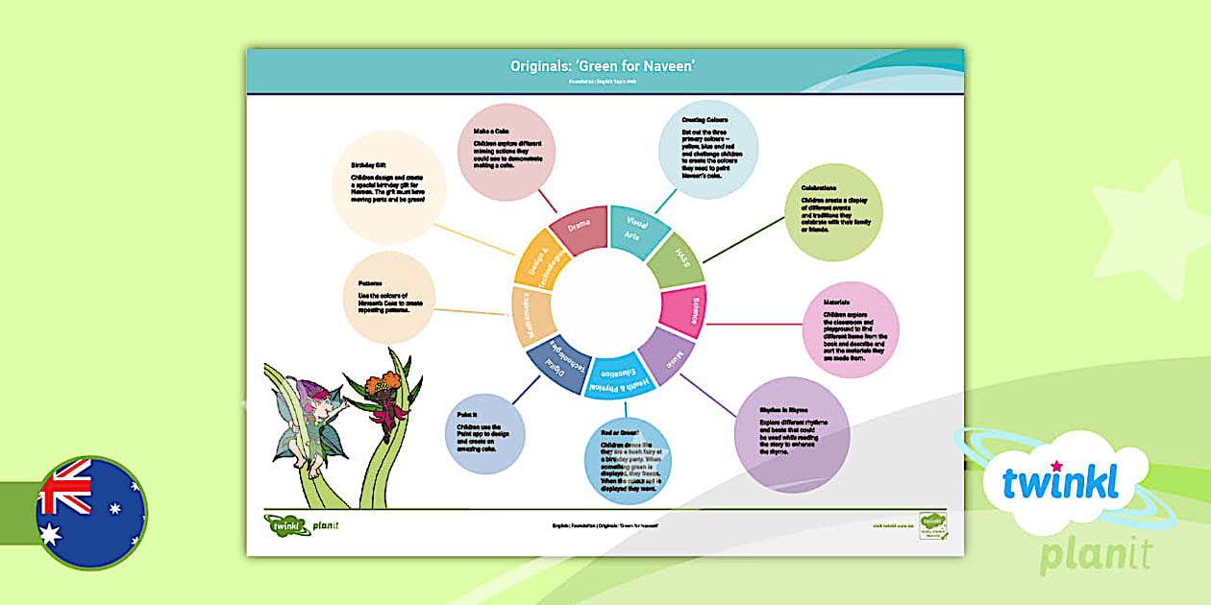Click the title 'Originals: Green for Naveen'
(605, 65)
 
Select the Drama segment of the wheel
(579, 229)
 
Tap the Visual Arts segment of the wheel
(635, 230)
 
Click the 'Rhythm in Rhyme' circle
(791, 434)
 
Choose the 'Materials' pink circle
(850, 329)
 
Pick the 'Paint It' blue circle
(485, 434)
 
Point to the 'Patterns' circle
(390, 298)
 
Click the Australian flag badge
(91, 512)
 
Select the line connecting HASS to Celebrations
(744, 238)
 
